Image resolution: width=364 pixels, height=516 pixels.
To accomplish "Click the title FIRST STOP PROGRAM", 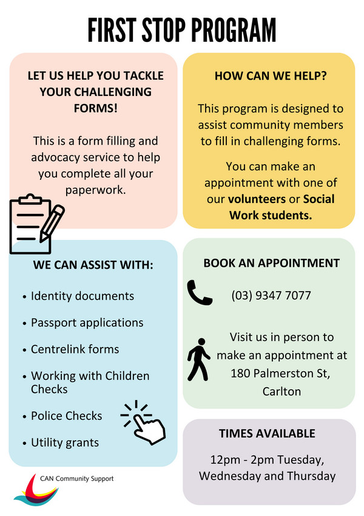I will click(181, 29).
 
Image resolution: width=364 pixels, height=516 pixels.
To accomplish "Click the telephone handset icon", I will click(200, 292).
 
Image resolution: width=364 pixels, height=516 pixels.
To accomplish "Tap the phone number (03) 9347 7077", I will click(271, 296).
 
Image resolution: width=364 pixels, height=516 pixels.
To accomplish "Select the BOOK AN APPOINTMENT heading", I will click(271, 263).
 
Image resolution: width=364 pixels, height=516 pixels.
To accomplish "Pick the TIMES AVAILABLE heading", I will click(267, 433).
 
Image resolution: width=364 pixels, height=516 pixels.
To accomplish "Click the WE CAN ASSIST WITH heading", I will click(93, 265).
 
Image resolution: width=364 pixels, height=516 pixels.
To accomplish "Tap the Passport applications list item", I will click(87, 323).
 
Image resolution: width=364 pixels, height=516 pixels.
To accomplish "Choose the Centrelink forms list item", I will click(75, 349).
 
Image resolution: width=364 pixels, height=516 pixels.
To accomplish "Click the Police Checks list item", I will click(66, 416).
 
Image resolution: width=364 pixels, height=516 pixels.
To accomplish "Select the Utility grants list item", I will click(65, 442).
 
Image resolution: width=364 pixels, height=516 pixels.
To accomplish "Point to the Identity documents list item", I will click(82, 296).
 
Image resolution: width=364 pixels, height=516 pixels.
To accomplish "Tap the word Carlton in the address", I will click(281, 391).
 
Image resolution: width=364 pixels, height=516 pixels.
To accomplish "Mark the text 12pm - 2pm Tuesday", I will click(267, 459).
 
